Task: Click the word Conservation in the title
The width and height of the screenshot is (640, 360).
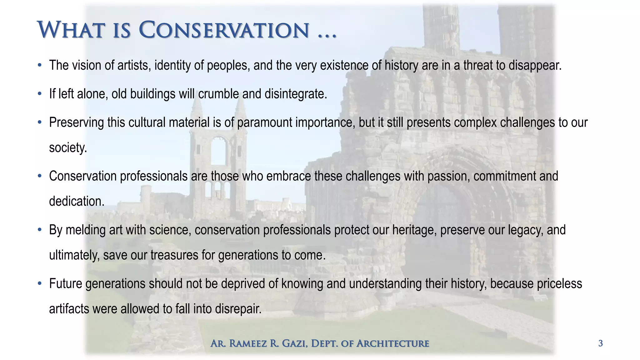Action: coord(224,30)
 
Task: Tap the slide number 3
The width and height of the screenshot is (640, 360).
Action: coord(600,343)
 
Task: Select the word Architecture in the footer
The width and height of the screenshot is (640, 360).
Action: coord(393,343)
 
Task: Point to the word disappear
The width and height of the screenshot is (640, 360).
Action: coord(535,65)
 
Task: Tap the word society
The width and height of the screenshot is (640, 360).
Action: coord(67,147)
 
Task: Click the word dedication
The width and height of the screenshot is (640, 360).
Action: coord(77,201)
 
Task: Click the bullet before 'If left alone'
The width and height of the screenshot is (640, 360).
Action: coord(39,94)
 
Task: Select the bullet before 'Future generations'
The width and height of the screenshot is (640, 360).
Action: coord(39,284)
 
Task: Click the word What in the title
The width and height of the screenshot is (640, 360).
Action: coord(70,30)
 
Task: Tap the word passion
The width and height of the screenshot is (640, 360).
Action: coord(448,176)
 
